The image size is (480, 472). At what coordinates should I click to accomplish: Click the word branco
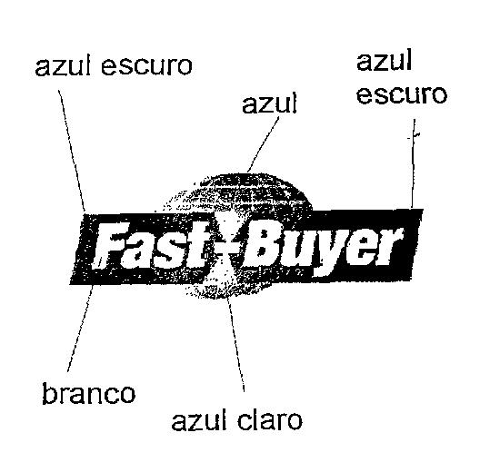[89, 393]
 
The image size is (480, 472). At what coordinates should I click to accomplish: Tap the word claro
[270, 420]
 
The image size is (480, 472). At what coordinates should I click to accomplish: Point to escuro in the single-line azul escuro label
[146, 65]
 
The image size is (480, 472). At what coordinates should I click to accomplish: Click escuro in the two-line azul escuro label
[402, 94]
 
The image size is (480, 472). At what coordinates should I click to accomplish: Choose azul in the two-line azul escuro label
[384, 61]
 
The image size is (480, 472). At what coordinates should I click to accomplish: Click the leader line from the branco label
[80, 328]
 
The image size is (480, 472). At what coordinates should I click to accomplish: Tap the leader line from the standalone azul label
[264, 144]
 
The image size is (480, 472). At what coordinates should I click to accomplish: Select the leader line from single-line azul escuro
[72, 150]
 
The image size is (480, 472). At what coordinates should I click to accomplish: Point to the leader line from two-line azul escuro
[413, 163]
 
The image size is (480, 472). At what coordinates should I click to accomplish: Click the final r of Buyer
[390, 245]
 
